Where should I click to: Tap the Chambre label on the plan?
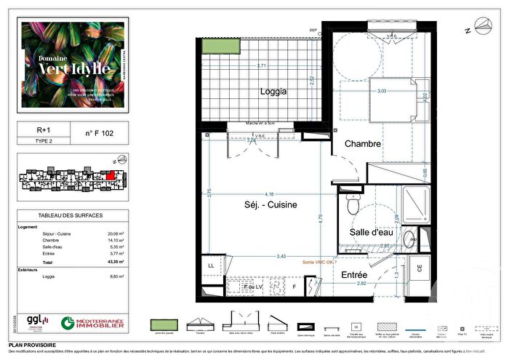362,144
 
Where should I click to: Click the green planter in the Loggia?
215,45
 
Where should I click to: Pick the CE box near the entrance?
420,266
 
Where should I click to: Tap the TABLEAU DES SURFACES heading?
70,216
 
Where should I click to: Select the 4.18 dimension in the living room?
270,193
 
